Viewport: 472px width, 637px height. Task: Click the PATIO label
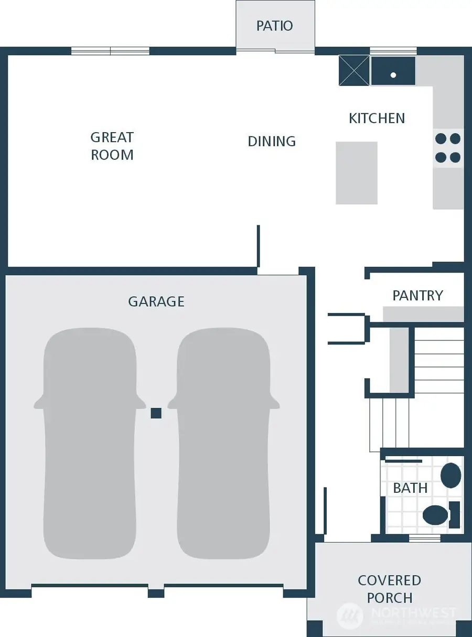click(x=274, y=26)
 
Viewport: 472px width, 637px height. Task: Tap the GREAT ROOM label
click(x=112, y=146)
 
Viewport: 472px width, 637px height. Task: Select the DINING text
click(x=272, y=141)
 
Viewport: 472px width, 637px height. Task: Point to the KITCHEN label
click(x=377, y=118)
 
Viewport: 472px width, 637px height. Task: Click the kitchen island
click(x=356, y=172)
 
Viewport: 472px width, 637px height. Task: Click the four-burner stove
click(x=448, y=148)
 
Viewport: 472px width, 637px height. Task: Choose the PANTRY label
click(x=417, y=296)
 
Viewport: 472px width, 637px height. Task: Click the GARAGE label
click(x=156, y=301)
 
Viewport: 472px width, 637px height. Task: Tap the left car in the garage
click(x=90, y=443)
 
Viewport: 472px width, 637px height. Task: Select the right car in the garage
click(x=223, y=443)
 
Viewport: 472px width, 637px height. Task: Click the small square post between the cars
click(x=156, y=413)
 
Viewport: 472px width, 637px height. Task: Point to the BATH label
click(x=410, y=488)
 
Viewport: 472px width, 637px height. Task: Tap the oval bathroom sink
click(x=450, y=475)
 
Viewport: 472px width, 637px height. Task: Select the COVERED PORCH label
click(x=389, y=589)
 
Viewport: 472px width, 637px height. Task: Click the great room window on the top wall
click(x=110, y=51)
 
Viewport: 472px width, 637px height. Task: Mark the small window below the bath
click(x=424, y=538)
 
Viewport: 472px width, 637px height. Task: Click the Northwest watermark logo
click(x=350, y=614)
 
